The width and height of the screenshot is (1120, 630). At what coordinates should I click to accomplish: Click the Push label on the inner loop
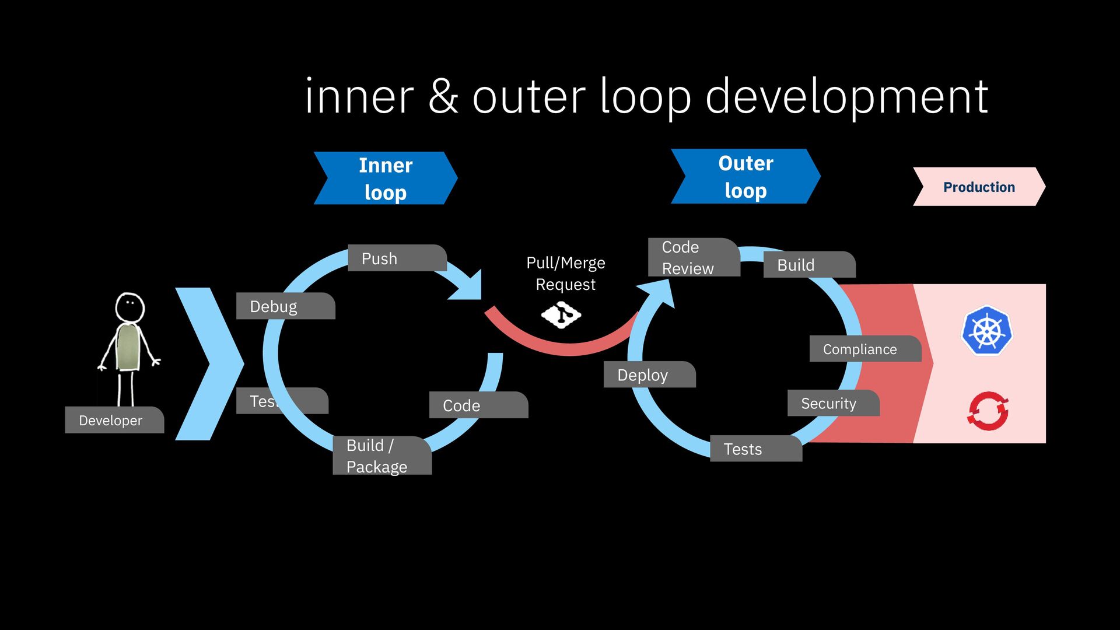coord(397,258)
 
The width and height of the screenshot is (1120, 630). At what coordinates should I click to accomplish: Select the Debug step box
coord(285,306)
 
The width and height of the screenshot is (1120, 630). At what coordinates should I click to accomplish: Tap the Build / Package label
coord(381,456)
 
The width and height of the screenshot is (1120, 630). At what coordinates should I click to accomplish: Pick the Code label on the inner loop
coord(478,405)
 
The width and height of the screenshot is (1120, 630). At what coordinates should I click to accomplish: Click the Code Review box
coord(693,257)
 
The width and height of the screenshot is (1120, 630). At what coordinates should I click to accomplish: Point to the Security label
coord(832,403)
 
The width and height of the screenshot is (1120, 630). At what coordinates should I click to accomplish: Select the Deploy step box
coord(648,374)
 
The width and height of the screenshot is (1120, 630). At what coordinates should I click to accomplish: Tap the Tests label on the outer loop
coord(755,449)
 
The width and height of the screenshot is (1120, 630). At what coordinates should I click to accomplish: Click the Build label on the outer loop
coord(808,265)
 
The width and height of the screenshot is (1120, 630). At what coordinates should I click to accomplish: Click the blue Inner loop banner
coord(386,178)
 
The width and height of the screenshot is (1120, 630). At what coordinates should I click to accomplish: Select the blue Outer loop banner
coord(745,176)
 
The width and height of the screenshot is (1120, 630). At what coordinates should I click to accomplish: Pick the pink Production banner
coord(979,187)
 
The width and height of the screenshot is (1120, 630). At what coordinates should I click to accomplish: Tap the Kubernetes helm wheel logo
coord(986,331)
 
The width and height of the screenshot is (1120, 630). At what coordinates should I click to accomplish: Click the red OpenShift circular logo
coord(988,411)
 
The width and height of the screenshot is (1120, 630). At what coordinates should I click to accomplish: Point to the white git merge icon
coord(561,315)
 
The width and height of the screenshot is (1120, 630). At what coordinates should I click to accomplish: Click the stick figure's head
coord(129,306)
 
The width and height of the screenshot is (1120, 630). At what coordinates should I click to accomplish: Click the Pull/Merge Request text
coord(565,274)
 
